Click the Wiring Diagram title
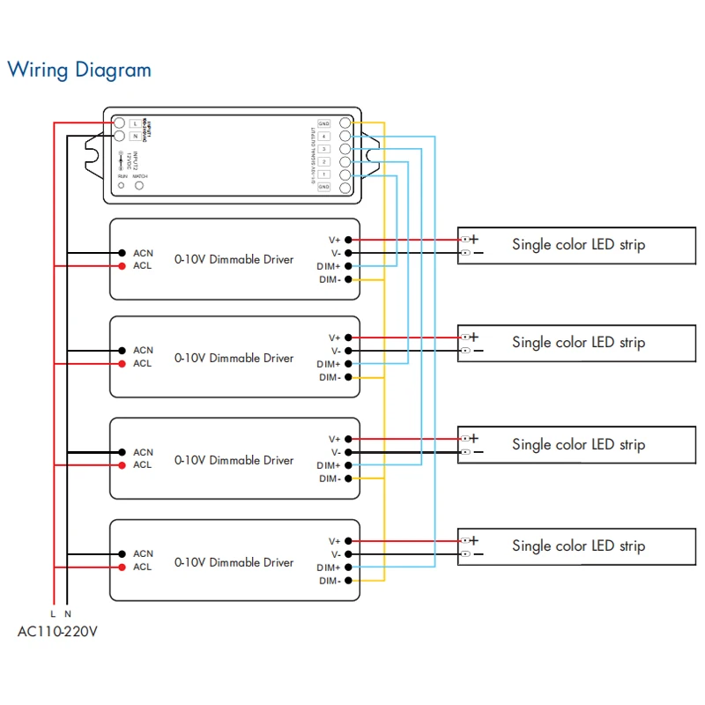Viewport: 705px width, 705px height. tap(79, 70)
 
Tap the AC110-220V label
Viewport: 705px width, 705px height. tap(58, 631)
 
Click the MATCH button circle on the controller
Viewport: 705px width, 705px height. tap(139, 186)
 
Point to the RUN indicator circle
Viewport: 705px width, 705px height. tap(122, 186)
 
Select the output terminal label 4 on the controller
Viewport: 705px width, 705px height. tap(324, 137)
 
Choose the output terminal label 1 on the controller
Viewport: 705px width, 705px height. tap(324, 174)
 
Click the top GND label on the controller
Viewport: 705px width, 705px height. tap(324, 124)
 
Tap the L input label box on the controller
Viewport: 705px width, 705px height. tap(134, 123)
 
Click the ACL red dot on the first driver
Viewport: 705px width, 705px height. tap(122, 266)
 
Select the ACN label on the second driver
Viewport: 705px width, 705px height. tap(143, 351)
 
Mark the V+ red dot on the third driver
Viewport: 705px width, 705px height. tap(349, 439)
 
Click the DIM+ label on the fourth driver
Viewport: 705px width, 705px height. tap(329, 568)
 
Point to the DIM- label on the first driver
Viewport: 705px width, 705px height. tap(330, 279)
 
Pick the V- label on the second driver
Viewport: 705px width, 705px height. tap(335, 351)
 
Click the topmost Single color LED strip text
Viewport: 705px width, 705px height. tap(578, 244)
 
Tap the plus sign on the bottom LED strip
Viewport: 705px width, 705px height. tap(474, 540)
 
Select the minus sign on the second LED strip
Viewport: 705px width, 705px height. tap(477, 351)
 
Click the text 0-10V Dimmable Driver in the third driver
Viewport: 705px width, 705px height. tap(234, 460)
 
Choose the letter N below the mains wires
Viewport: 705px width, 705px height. tap(68, 612)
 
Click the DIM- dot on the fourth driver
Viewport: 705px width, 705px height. tap(349, 581)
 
